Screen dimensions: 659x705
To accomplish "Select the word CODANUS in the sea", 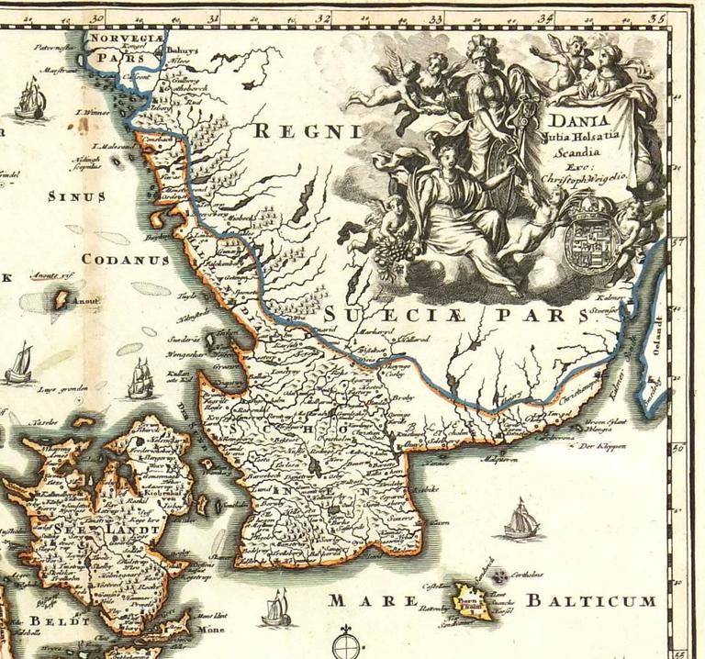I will tap(125, 260).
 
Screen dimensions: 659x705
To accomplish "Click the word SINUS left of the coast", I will tap(75, 196).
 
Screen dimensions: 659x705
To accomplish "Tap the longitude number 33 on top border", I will tap(436, 17).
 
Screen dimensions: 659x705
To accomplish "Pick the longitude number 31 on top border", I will tap(213, 17).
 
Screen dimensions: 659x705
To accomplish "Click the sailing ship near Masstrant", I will tap(30, 97).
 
